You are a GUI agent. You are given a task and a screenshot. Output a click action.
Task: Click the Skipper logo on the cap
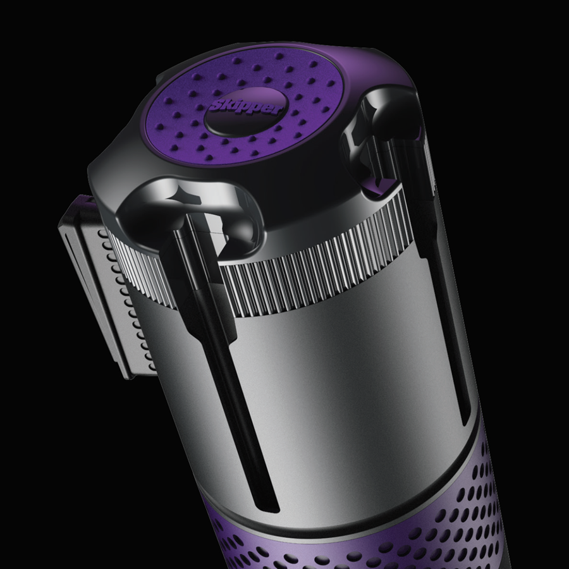coord(247,109)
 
